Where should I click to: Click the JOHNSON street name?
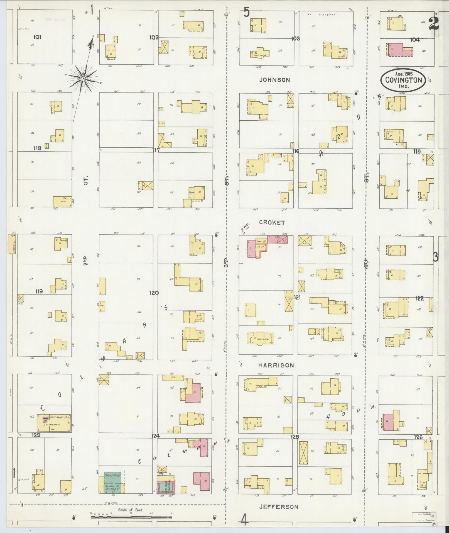[274, 80]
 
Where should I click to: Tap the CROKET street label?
[272, 223]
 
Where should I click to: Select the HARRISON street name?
[276, 365]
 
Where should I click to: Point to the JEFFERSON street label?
[279, 507]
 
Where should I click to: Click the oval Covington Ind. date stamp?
[403, 80]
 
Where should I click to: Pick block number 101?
[37, 37]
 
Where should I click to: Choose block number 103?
[295, 38]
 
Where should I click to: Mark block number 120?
[154, 293]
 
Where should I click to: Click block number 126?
[419, 437]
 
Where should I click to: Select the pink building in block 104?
[398, 49]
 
